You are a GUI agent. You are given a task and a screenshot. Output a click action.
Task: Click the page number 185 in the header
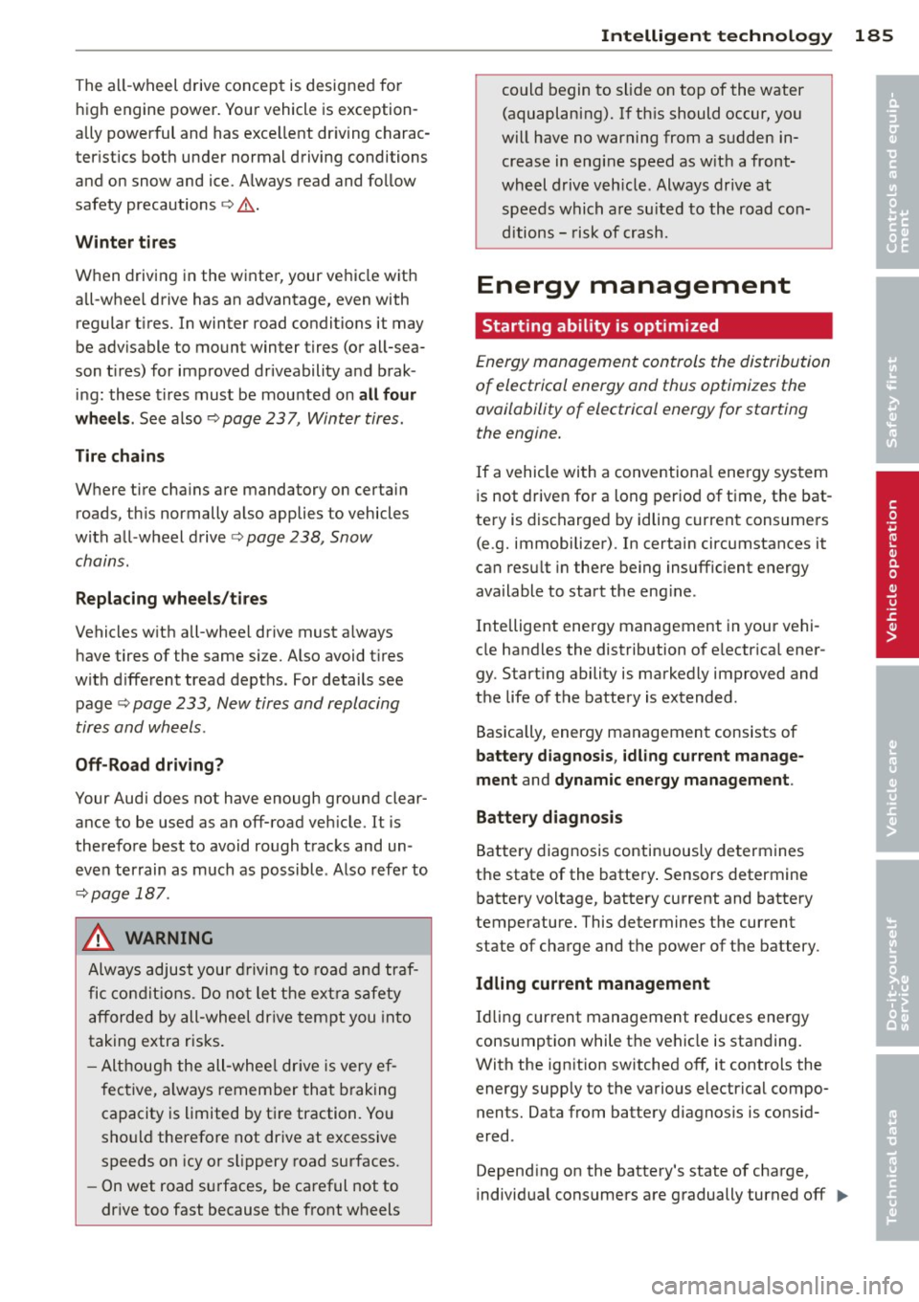click(873, 35)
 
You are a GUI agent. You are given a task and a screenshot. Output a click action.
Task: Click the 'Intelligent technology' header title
click(715, 35)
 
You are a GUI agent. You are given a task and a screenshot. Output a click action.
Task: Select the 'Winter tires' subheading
click(125, 242)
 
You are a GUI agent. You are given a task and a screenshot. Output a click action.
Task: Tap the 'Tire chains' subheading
click(120, 456)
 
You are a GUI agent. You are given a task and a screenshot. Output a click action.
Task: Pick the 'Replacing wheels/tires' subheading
click(171, 599)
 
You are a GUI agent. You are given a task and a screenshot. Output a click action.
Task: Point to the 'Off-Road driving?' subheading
click(149, 765)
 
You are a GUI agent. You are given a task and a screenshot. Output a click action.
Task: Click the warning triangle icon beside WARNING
click(99, 938)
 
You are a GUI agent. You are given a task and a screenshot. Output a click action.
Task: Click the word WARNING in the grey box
click(168, 938)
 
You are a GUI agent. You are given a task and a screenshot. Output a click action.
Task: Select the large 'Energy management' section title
click(633, 285)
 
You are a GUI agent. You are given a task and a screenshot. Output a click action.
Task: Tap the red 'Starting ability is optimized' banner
click(653, 326)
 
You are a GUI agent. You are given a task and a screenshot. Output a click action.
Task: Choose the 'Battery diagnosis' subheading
click(549, 818)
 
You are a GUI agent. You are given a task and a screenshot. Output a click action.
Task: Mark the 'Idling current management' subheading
click(593, 984)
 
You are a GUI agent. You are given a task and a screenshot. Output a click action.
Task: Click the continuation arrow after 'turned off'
click(841, 1196)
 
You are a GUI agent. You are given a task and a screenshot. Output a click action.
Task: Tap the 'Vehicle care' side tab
click(895, 786)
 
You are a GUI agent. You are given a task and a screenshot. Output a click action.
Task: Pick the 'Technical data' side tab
click(895, 1164)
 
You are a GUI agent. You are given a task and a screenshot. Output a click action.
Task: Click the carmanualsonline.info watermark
click(776, 1286)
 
